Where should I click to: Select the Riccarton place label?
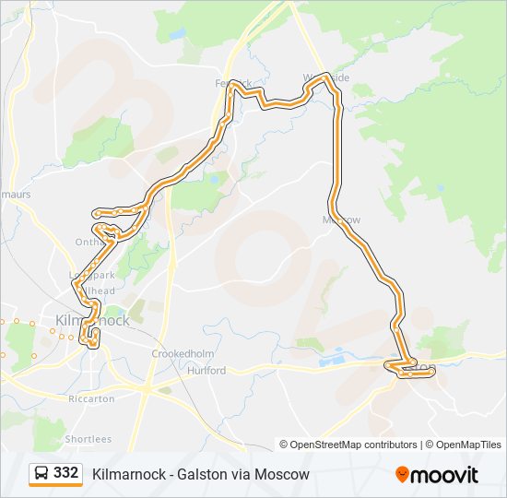tap(91, 398)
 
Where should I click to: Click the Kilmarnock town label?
tap(92, 320)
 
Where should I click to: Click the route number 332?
tap(65, 473)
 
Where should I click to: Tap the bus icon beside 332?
tap(41, 473)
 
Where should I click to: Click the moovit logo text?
tap(445, 474)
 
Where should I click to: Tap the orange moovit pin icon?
tap(403, 474)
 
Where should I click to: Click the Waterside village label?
tap(327, 78)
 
